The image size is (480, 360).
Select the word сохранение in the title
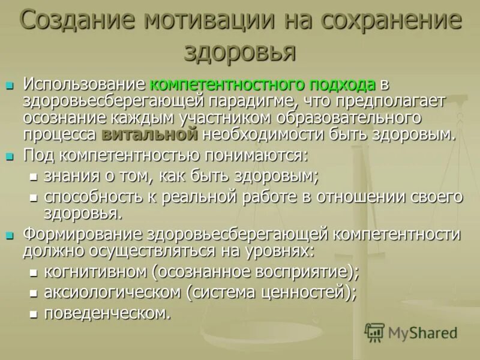391,22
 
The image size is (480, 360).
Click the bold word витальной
149,134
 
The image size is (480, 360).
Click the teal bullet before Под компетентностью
10,157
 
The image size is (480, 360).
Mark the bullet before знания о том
34,178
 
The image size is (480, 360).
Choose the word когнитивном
95,272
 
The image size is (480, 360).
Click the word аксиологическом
112,292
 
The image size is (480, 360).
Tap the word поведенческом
106,313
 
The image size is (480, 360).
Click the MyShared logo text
422,333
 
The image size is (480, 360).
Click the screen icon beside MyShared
374,332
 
